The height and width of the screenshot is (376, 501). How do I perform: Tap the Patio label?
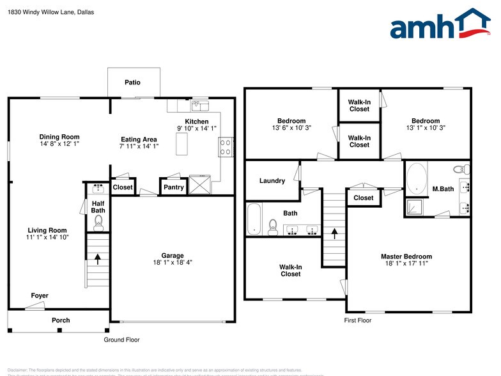[x=132, y=82]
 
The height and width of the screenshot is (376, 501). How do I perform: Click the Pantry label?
[x=173, y=187]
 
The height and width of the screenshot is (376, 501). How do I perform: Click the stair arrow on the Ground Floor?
[x=98, y=259]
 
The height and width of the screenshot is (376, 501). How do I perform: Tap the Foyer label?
[x=40, y=295]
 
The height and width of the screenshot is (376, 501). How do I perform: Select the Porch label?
[x=61, y=320]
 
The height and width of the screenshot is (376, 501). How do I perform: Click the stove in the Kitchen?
[x=225, y=148]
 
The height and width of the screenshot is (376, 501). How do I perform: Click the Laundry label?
[x=272, y=181]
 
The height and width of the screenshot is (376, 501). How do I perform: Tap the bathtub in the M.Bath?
[x=416, y=179]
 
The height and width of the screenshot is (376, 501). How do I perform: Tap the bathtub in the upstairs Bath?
[x=254, y=219]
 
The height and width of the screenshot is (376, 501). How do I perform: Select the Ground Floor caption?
[x=121, y=340]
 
